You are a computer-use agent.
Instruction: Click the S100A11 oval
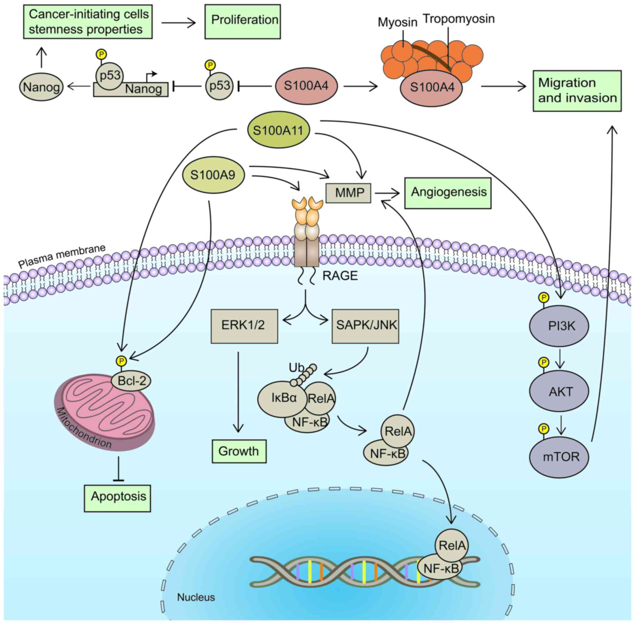pos(278,130)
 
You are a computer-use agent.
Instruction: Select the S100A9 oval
pos(213,175)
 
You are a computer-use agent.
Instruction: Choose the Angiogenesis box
pos(448,193)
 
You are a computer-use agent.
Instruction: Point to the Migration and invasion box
pos(577,90)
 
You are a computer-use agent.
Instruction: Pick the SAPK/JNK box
pos(365,326)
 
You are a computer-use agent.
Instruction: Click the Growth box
pos(239,451)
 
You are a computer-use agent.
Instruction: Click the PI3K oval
pos(559,326)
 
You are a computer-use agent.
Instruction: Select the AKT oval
pos(559,391)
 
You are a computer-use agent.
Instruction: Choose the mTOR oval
pos(559,457)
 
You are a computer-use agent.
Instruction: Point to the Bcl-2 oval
pos(131,381)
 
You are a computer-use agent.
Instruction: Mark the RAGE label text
pos(340,276)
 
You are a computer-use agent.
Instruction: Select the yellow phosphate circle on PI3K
pos(544,297)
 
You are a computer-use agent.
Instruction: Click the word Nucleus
pos(196,597)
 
